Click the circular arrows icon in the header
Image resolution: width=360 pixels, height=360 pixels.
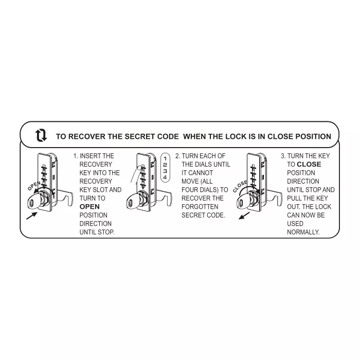click(x=41, y=136)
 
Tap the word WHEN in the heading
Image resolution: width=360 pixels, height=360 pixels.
click(x=195, y=137)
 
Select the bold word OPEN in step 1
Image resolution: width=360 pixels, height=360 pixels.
click(x=89, y=207)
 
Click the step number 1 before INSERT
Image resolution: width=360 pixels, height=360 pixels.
click(x=75, y=156)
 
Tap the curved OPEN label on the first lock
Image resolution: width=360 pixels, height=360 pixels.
click(x=34, y=186)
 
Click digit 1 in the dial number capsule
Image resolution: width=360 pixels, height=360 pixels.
click(x=165, y=158)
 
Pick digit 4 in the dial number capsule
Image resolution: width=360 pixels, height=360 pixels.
click(x=165, y=177)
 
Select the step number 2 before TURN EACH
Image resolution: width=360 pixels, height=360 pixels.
click(x=177, y=156)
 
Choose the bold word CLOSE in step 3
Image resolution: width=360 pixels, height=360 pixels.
click(x=309, y=165)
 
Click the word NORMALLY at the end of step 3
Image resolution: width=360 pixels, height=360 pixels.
click(x=303, y=232)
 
